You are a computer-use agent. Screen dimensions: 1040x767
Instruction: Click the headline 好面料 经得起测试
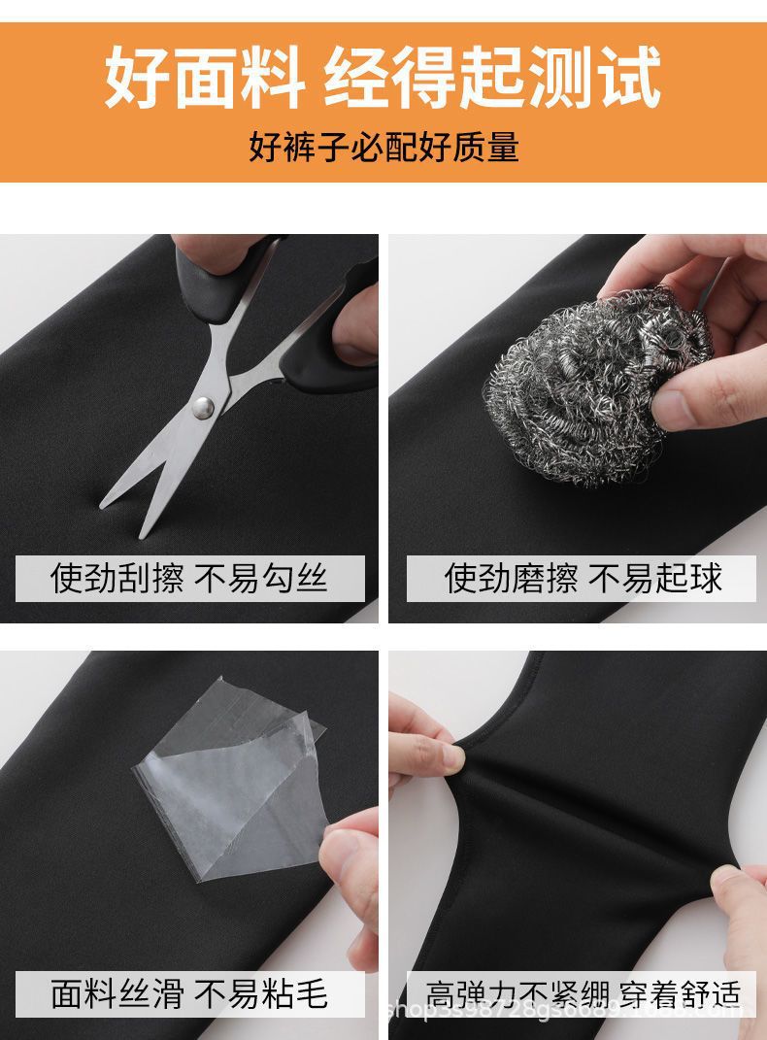point(383,76)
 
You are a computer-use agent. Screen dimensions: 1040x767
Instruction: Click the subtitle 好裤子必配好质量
point(383,147)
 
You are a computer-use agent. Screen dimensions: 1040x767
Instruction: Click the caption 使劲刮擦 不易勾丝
point(189,579)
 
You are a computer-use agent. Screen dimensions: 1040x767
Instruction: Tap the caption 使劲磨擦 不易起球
point(583,579)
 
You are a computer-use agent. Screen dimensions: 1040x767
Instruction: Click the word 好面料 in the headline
point(204,76)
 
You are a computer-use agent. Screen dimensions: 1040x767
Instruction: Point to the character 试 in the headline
point(626,76)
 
